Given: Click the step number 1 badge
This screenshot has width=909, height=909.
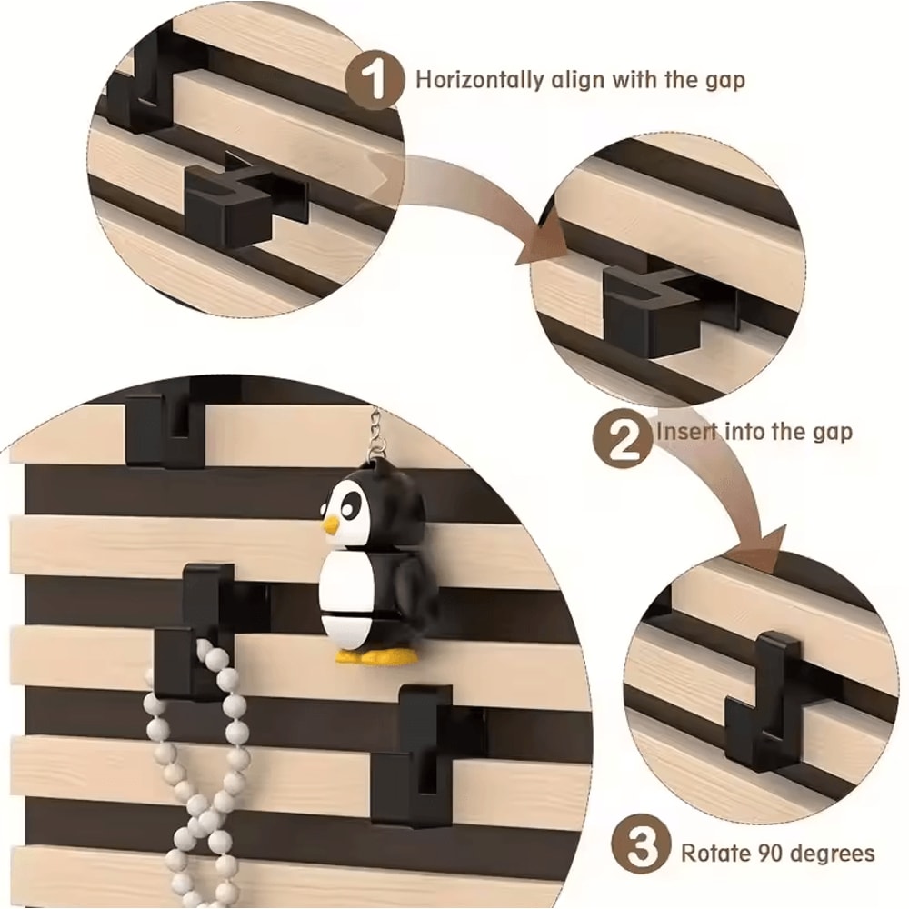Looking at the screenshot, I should point(374,79).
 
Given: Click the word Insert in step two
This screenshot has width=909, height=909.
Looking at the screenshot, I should point(686,430).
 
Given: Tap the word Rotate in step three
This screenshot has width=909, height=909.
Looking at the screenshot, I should point(714,853).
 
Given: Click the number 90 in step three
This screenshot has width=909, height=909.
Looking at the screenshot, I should point(768,853).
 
